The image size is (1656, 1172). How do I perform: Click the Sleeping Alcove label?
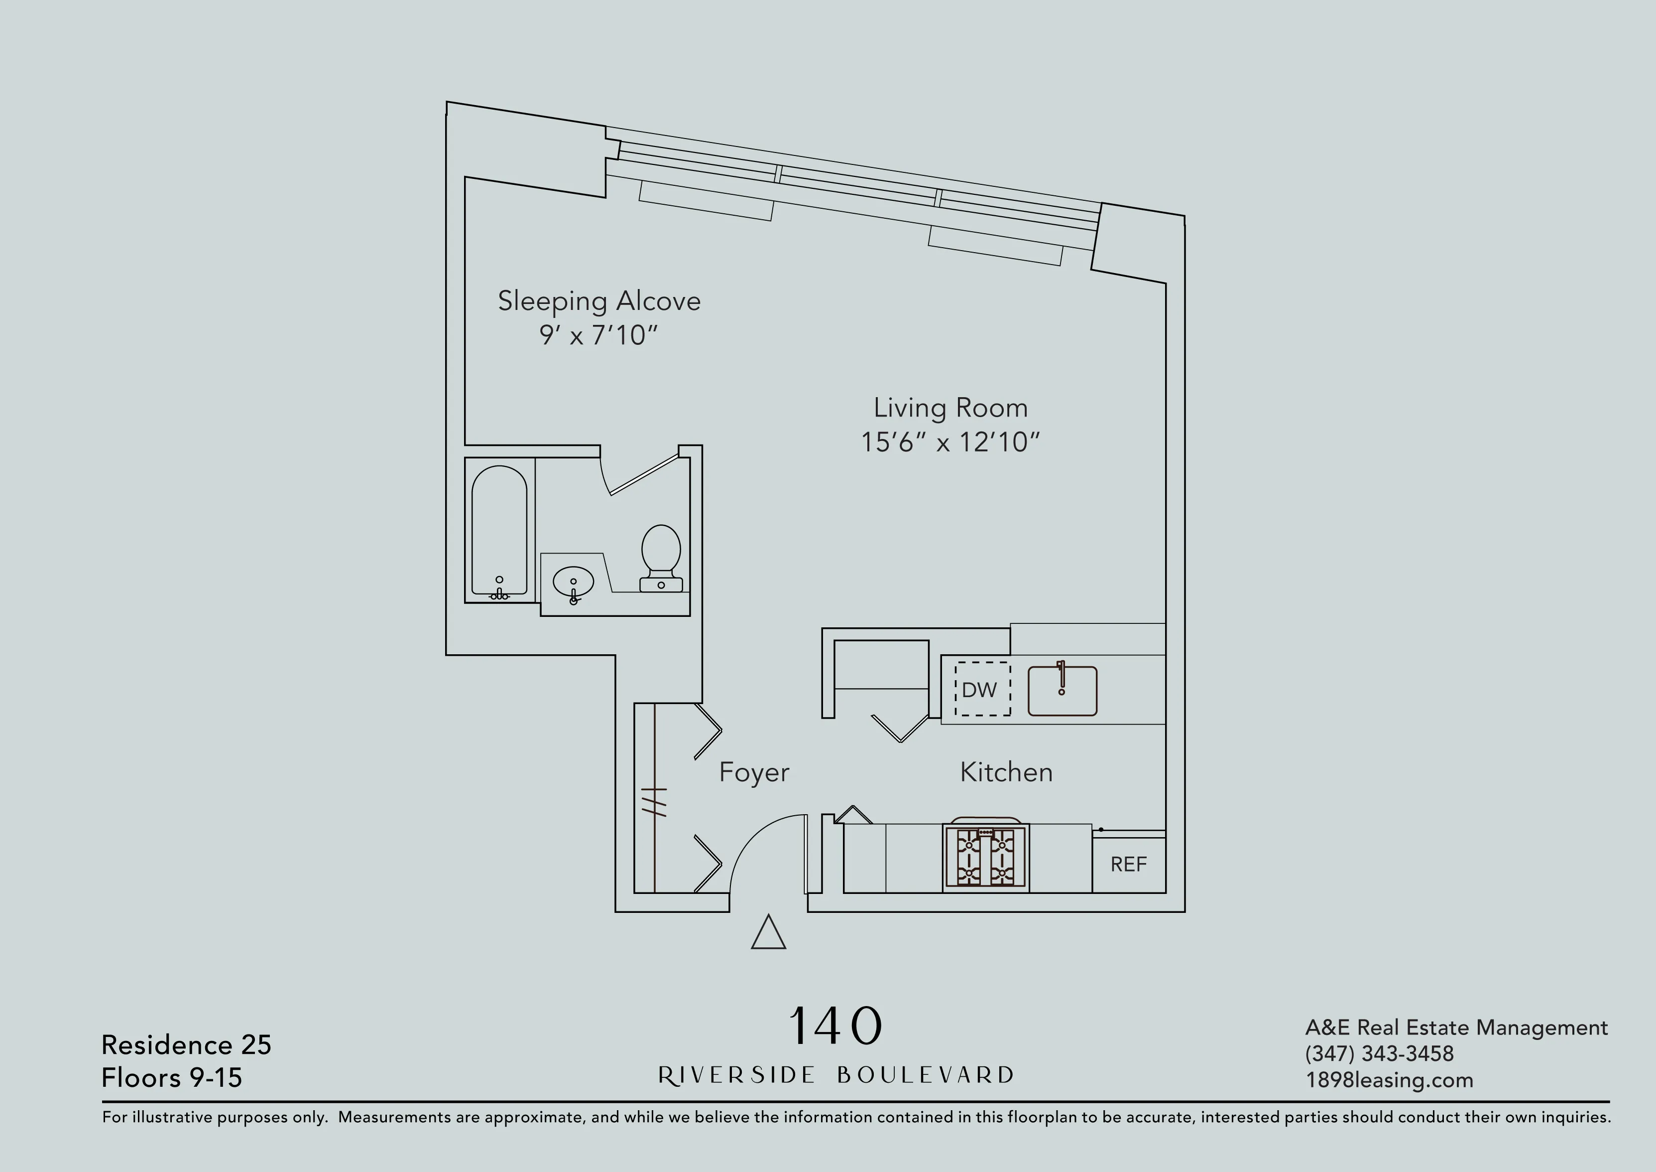pyautogui.click(x=598, y=301)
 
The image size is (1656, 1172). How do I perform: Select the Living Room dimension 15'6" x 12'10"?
pyautogui.click(x=950, y=441)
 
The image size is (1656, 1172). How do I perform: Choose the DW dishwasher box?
pyautogui.click(x=982, y=689)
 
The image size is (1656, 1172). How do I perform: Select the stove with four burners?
pyautogui.click(x=985, y=858)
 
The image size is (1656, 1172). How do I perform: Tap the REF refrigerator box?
pyautogui.click(x=1128, y=865)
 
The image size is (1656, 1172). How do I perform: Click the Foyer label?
pyautogui.click(x=754, y=772)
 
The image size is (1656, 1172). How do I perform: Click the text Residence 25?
pyautogui.click(x=186, y=1044)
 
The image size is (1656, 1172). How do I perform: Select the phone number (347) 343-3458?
pyautogui.click(x=1379, y=1053)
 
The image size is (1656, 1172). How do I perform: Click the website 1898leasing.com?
pyautogui.click(x=1389, y=1080)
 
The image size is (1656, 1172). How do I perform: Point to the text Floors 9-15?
pyautogui.click(x=172, y=1077)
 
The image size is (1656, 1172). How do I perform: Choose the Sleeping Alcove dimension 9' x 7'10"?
pyautogui.click(x=598, y=335)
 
